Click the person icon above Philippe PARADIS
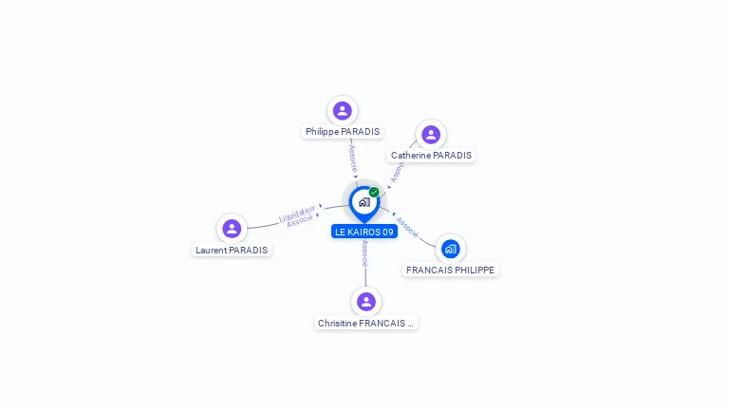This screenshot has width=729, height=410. [x=343, y=111]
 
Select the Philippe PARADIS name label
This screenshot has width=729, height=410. [x=343, y=132]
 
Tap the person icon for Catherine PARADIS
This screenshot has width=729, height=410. [x=431, y=135]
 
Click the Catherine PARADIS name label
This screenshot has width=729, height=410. [x=431, y=156]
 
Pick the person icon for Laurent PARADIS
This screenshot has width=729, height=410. [x=232, y=229]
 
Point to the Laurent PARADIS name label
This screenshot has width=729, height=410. [x=232, y=251]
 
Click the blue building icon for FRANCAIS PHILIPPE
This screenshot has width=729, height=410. [x=450, y=249]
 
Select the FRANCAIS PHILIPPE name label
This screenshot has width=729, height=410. [x=451, y=270]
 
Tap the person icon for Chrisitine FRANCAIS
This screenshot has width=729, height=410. [x=366, y=302]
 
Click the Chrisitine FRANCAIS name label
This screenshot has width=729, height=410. [x=366, y=324]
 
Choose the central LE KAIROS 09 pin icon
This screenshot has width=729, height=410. [x=364, y=202]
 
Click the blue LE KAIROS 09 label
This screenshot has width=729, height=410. [x=364, y=232]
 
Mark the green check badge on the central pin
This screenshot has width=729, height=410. [x=374, y=192]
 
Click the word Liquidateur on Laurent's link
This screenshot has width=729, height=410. [x=297, y=214]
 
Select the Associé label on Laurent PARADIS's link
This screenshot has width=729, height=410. [x=300, y=221]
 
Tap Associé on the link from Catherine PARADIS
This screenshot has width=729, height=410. [x=398, y=171]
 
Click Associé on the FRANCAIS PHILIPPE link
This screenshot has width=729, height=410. [x=407, y=226]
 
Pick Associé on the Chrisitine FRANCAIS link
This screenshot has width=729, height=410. [x=365, y=252]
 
